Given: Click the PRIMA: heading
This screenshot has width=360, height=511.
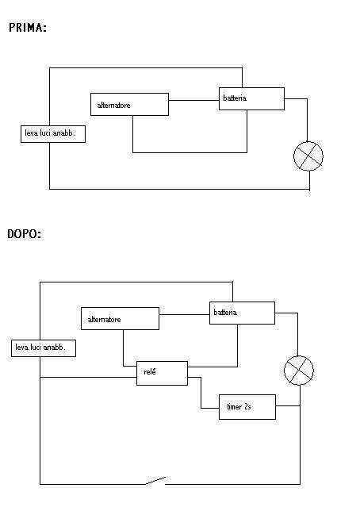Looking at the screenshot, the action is point(28,28).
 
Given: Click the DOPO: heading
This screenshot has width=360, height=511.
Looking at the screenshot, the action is point(24,233).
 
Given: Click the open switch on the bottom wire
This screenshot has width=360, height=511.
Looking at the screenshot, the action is point(155,481).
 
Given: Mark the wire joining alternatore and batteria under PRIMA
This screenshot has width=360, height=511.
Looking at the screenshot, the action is point(193,100).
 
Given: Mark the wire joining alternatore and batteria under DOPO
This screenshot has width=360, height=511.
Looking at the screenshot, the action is point(185,314).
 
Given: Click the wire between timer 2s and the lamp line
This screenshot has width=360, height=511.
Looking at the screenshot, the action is point(288,405).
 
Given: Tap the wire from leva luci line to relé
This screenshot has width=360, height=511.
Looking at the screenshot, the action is point(88,378).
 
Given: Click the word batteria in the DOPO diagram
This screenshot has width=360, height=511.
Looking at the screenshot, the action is point(225,312).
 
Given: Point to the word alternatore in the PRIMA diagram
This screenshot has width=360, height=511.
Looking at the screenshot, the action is point(113,105).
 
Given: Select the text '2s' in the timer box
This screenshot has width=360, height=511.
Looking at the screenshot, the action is point(247,407).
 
